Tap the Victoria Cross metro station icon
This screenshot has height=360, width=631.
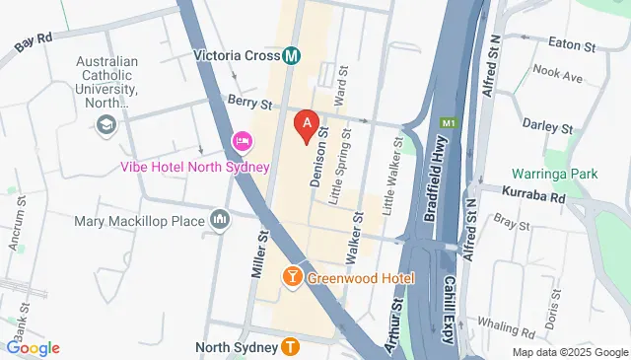(x=292, y=56)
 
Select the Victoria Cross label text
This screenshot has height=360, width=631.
(x=237, y=56)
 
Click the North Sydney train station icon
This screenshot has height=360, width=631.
(x=290, y=346)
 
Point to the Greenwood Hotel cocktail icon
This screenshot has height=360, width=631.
(x=293, y=278)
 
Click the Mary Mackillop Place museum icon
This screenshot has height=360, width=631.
(x=219, y=220)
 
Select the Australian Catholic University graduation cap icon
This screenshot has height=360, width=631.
(x=105, y=123)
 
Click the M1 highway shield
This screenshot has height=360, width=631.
(x=449, y=123)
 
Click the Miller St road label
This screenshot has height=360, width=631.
(x=260, y=252)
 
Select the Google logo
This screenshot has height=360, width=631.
(x=34, y=347)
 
